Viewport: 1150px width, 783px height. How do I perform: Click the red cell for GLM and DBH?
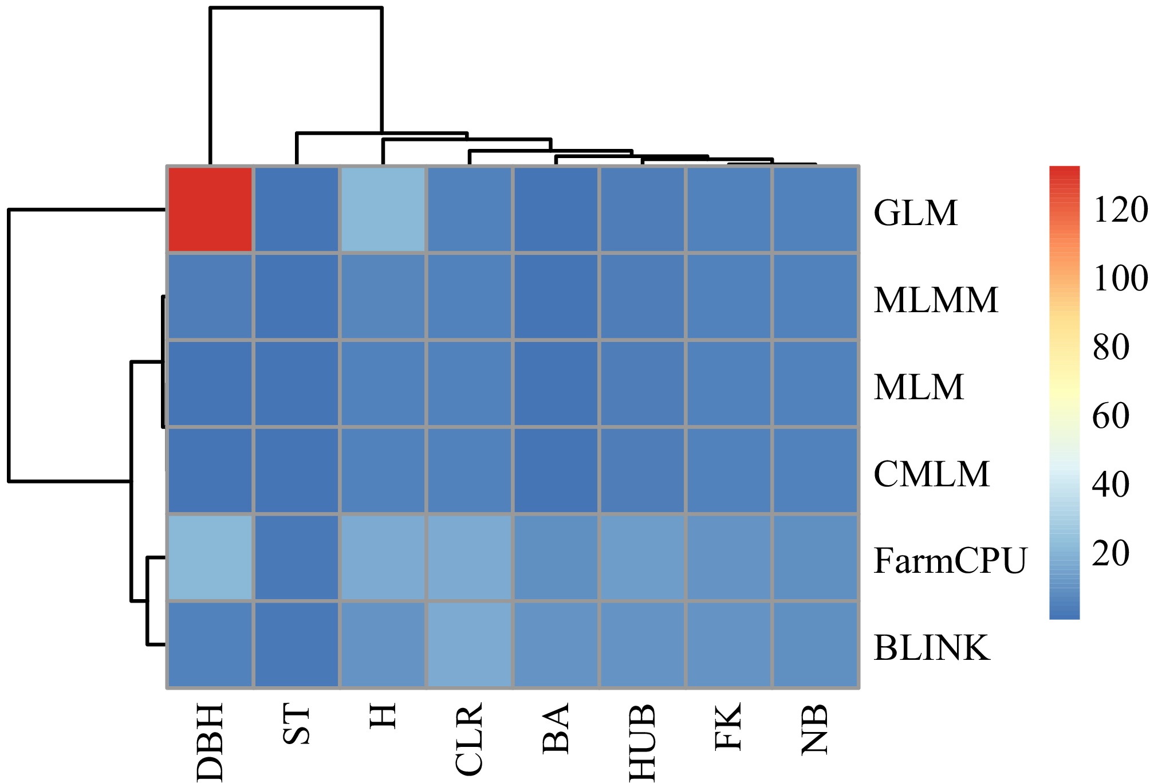(210, 210)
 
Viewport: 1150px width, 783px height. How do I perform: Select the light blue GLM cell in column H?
(383, 210)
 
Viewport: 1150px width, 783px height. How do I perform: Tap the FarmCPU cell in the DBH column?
(210, 557)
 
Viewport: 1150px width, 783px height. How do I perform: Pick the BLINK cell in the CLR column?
(470, 644)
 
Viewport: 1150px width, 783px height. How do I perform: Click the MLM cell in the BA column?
(556, 384)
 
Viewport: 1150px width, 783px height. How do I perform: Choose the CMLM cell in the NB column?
(816, 470)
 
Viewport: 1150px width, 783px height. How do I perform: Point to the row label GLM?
(915, 214)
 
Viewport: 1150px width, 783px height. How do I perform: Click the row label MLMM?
(936, 300)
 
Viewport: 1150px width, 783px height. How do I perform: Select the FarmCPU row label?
(950, 561)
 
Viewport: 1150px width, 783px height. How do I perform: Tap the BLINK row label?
(932, 648)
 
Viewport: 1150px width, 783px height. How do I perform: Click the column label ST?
(297, 725)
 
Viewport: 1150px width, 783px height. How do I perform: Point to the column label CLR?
(470, 739)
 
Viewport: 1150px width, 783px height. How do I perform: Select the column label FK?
(729, 726)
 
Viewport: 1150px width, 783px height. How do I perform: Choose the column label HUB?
(643, 742)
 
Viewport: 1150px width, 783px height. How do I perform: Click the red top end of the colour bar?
(1064, 172)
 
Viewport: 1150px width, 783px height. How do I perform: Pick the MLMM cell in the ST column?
(297, 297)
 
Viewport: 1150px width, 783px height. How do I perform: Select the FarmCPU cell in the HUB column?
(643, 557)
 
